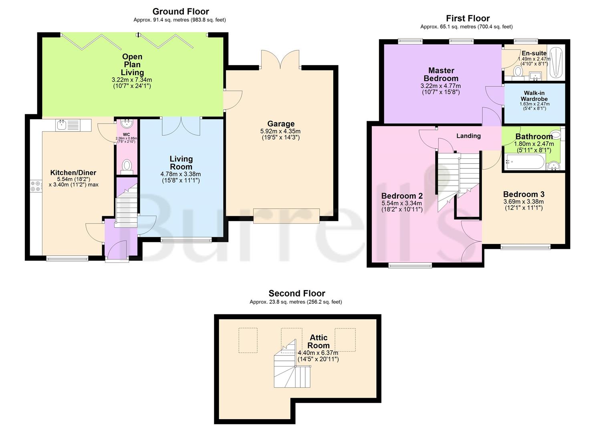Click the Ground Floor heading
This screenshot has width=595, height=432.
coord(181,12)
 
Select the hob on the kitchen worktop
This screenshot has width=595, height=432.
coord(36,186)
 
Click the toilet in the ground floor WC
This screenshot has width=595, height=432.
coord(127,166)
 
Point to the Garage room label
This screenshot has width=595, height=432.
coord(281,124)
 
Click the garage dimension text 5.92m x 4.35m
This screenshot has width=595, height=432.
coord(280,131)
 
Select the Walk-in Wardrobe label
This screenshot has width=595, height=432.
coord(534,96)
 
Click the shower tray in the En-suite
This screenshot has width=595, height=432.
coord(556,62)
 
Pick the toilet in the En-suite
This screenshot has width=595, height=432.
coord(518,72)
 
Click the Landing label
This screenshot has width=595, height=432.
coord(468,136)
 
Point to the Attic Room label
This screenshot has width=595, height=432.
coord(319,341)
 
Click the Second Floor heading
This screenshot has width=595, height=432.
coord(297,293)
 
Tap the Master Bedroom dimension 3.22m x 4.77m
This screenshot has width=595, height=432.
coord(441,86)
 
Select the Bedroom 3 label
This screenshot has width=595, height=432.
coord(524,194)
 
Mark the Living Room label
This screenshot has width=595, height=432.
coord(181,162)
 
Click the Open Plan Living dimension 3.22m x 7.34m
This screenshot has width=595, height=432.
coord(132,80)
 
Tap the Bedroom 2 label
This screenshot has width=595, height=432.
coord(402,196)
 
